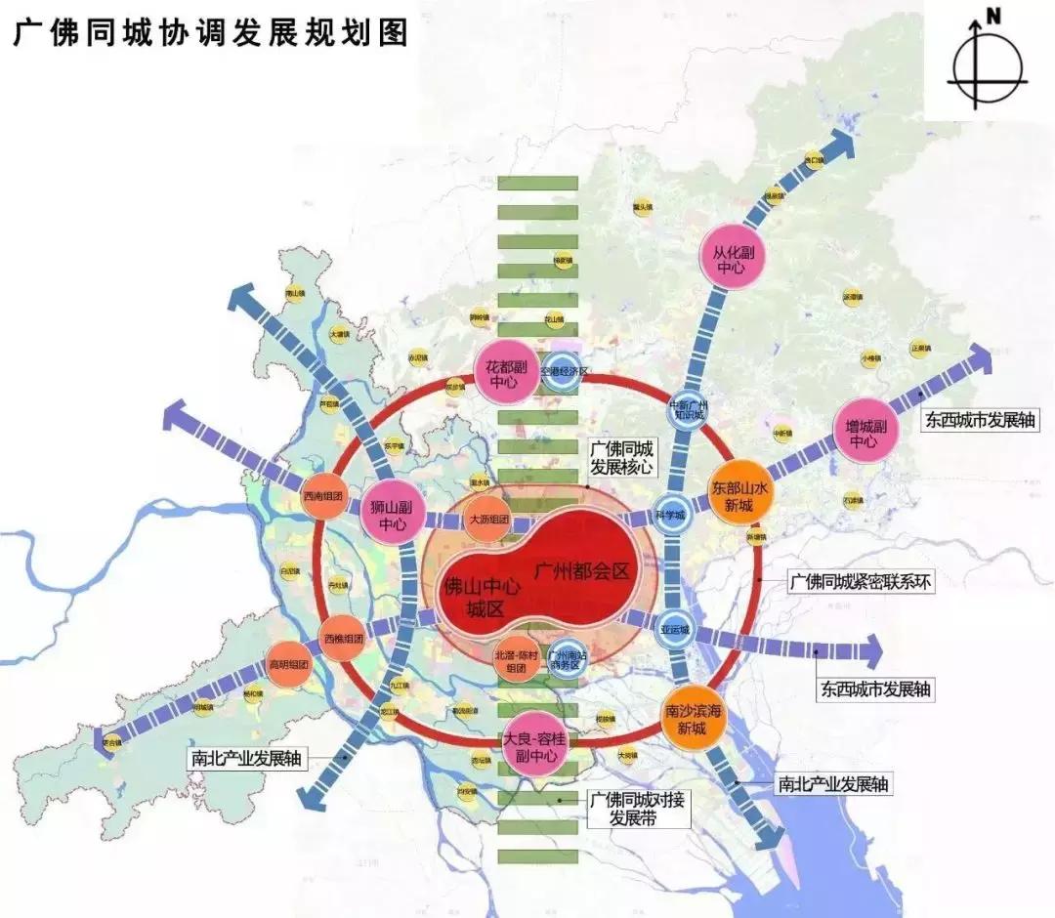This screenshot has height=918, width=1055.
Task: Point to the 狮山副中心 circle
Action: [390, 515]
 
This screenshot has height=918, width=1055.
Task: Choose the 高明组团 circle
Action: [288, 665]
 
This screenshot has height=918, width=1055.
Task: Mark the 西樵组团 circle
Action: [343, 640]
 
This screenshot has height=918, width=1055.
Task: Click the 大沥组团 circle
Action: [488, 520]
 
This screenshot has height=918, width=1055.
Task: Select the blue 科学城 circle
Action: [671, 514]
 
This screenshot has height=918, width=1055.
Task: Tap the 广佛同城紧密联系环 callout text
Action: [862, 583]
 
